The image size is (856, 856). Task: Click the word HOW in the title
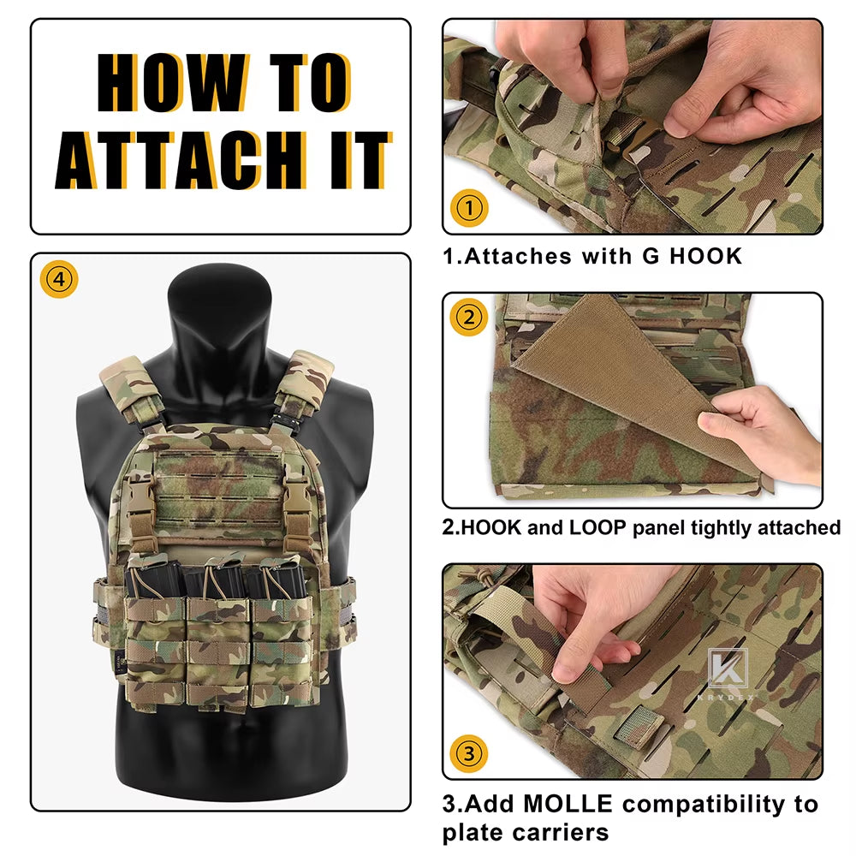pos(174,82)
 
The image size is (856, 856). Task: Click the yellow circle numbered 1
pos(469,207)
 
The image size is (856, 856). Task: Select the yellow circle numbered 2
pos(469,318)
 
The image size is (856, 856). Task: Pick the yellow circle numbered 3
pos(469,754)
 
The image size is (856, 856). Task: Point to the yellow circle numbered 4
pos(59,280)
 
